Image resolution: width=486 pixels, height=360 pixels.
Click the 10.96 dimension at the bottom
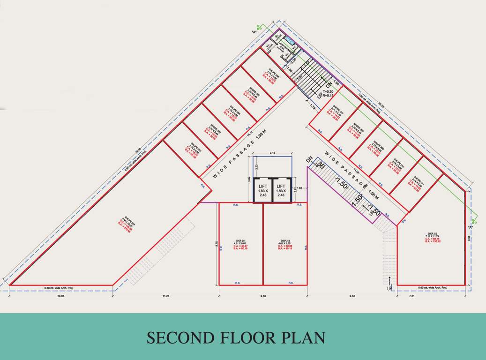[61, 296]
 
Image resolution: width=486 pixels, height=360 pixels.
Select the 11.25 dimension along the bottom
[166, 296]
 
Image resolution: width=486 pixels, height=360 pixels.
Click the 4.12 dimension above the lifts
[272, 154]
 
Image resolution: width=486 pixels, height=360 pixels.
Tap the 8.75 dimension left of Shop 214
[216, 244]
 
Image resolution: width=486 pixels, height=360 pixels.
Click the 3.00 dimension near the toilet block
[293, 61]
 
